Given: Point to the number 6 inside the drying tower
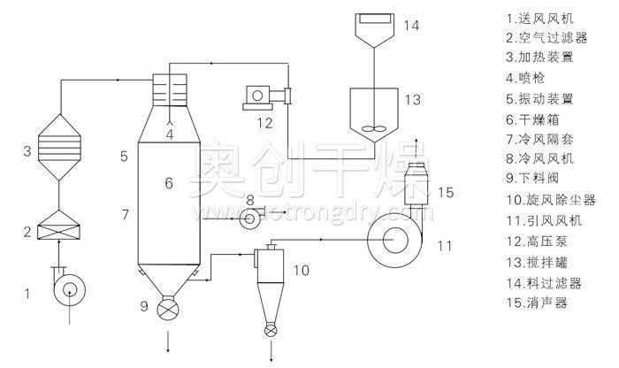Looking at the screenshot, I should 168,183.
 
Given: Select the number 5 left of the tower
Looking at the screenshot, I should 125,156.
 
